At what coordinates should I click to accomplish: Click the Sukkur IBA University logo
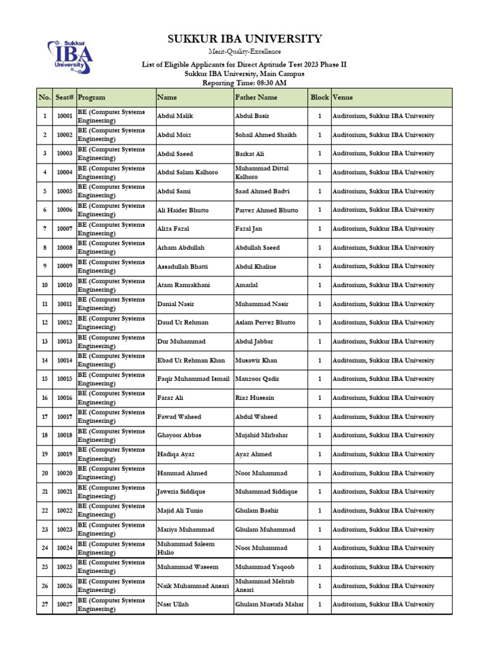pos(70,58)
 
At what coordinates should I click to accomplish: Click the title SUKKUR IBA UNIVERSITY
pos(244,39)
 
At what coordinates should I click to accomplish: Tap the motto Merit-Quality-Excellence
pos(244,52)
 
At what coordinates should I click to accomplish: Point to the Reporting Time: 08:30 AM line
pos(244,83)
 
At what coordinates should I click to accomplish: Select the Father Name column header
pos(256,98)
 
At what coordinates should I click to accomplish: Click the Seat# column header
pos(64,98)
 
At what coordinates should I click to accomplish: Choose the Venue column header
pos(343,98)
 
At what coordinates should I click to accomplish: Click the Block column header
pos(320,98)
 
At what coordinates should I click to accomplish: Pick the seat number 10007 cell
pos(64,229)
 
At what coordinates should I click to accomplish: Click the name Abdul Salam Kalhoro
pos(187,172)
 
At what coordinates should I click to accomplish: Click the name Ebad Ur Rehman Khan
pos(191,361)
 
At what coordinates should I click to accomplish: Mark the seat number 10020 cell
pos(64,473)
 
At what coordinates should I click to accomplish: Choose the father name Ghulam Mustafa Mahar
pos(269,605)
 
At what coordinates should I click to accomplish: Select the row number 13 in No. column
pos(44,342)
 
